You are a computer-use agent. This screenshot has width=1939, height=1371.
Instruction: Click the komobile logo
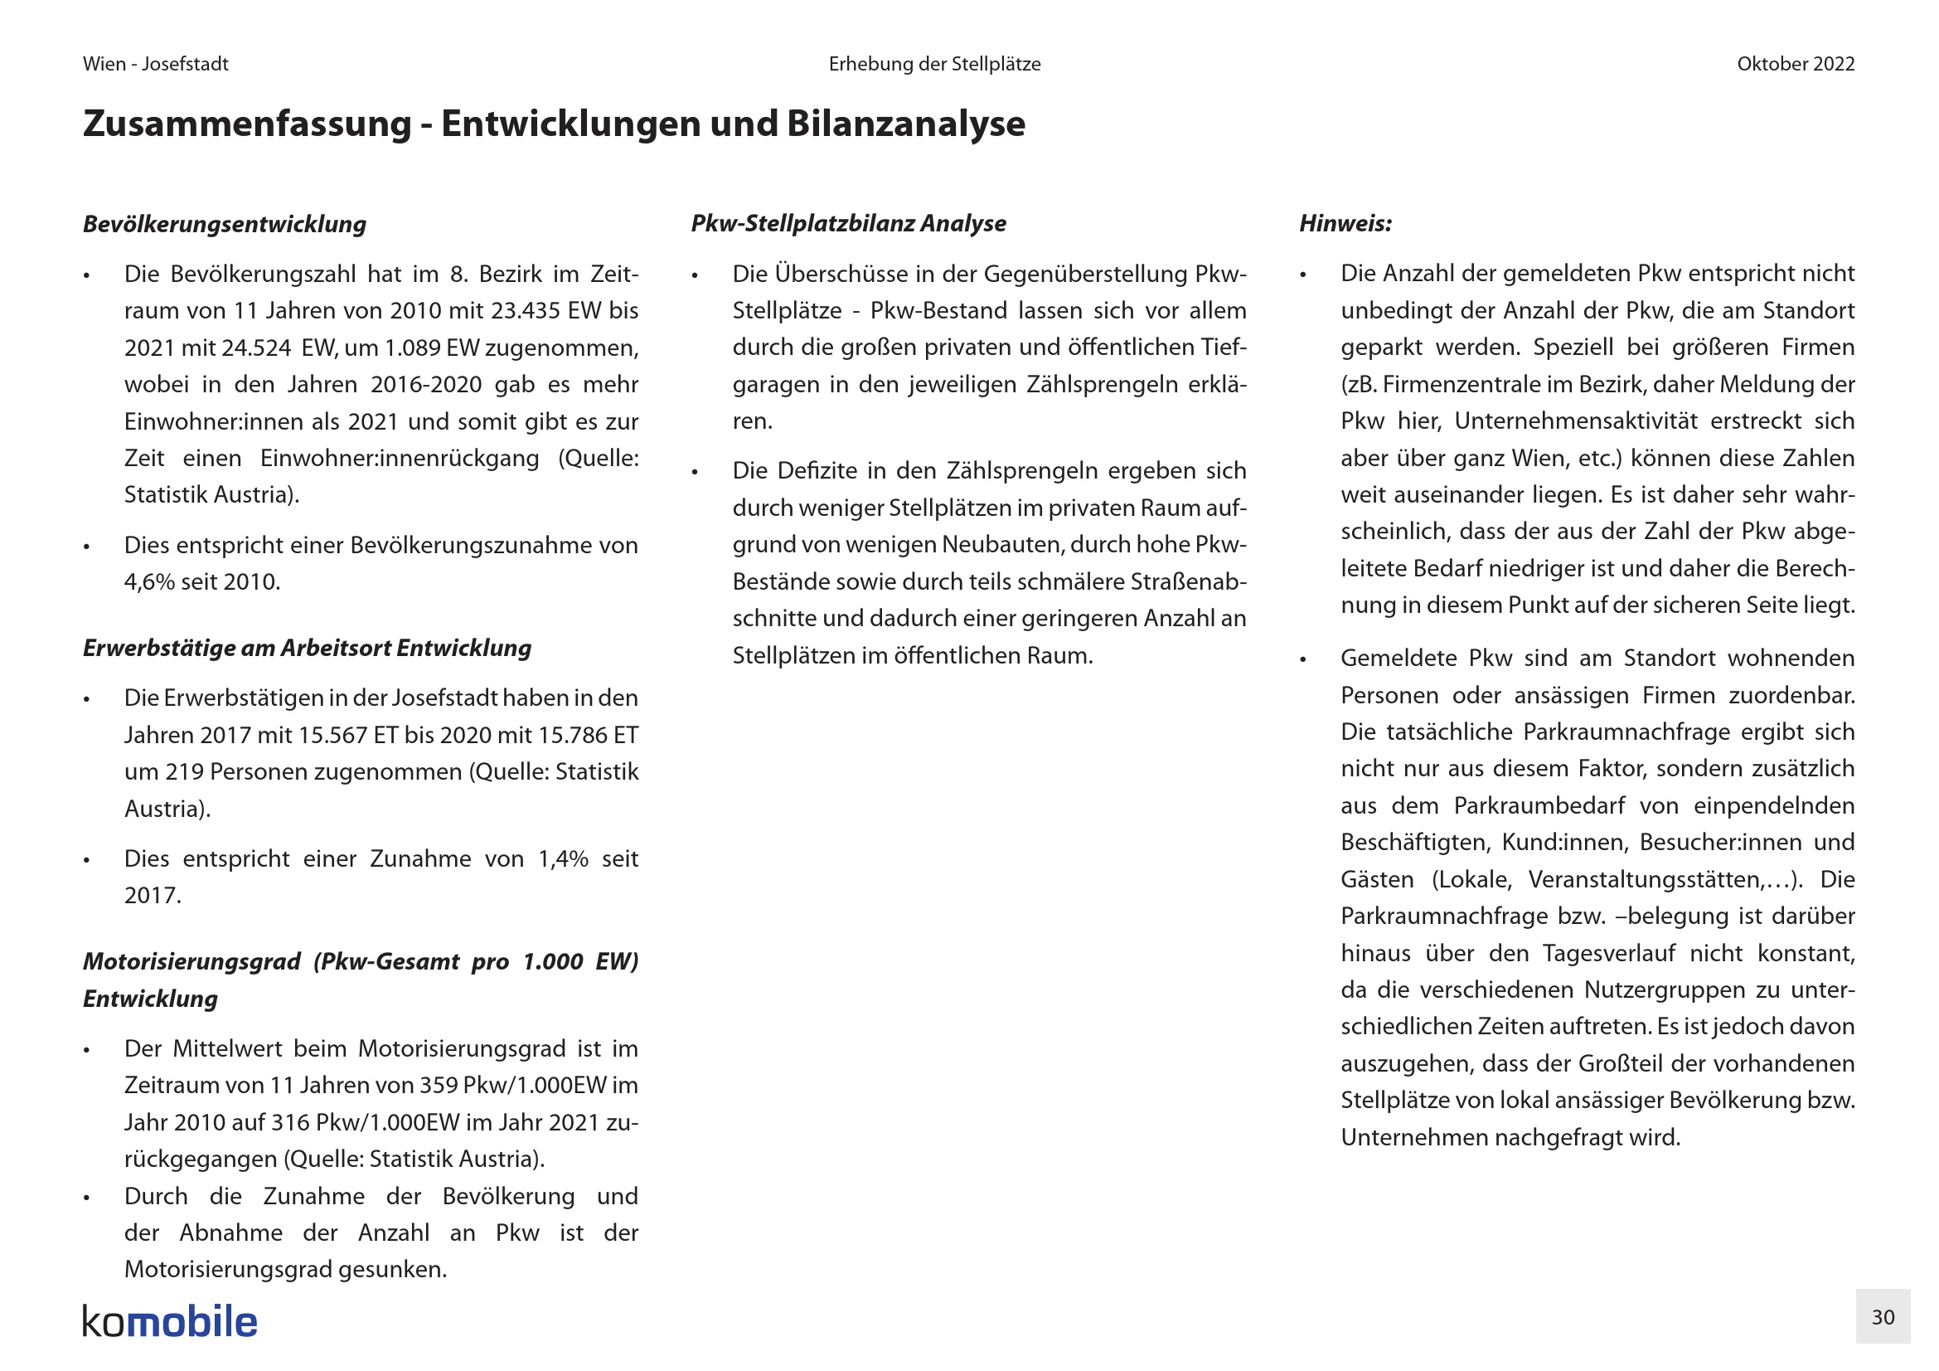[170, 1322]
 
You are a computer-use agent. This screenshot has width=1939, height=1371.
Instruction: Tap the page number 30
[1883, 1317]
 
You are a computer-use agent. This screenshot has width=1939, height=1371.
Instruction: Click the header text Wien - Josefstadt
[155, 64]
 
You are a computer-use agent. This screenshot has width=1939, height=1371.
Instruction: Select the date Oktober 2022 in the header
[1796, 64]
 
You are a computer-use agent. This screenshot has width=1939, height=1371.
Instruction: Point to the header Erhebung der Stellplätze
[934, 64]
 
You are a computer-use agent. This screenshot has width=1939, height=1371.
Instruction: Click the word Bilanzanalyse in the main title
[906, 124]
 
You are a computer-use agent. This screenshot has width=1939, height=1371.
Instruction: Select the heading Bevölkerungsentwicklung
[225, 224]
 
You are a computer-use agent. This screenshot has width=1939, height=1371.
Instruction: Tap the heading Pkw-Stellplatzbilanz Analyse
[848, 223]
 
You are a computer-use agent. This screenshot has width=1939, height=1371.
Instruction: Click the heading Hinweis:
[1345, 223]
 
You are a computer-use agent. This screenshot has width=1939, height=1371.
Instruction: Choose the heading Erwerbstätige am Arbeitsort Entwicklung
[308, 648]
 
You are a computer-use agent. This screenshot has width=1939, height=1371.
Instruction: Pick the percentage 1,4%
[563, 859]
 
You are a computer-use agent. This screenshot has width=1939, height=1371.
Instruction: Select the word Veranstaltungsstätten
[1649, 879]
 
